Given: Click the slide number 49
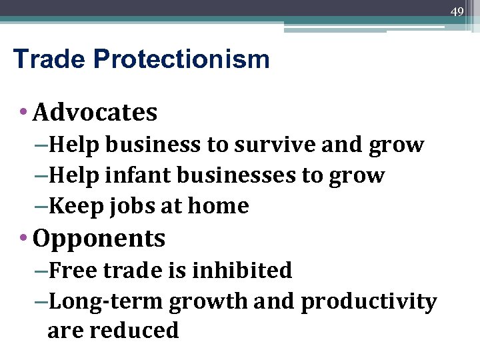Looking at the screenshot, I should (457, 11).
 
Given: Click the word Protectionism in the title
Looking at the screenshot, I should (181, 59).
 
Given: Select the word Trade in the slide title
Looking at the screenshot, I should (50, 59).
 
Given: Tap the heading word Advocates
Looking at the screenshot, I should (95, 113).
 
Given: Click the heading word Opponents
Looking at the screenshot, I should (99, 239).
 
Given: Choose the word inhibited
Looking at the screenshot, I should (241, 270).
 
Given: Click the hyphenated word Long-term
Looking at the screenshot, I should (106, 302).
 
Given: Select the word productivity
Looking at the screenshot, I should (369, 302).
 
